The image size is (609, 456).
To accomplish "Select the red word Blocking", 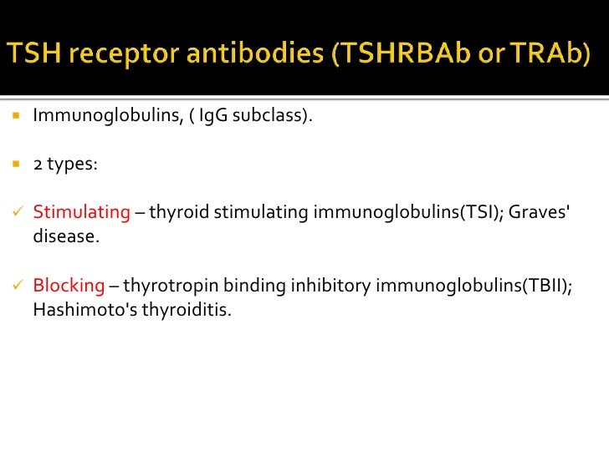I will pos(69,286).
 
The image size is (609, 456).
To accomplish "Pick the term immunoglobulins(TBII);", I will pos(474,286).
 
